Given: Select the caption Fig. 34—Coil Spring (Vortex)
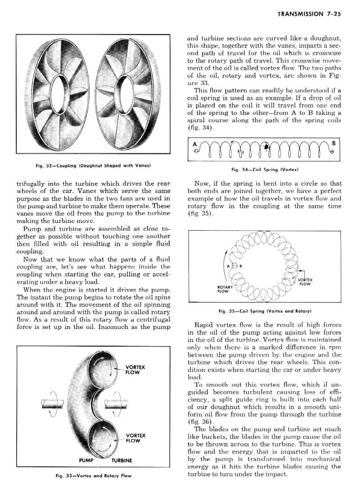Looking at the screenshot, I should pyautogui.click(x=265, y=169).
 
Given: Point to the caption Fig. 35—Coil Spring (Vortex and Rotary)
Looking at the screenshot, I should pyautogui.click(x=265, y=310).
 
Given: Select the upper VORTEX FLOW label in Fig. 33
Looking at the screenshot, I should pyautogui.click(x=135, y=370).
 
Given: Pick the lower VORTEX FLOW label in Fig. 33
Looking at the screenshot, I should pyautogui.click(x=135, y=438).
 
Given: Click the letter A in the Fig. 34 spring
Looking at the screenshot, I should pyautogui.click(x=195, y=145).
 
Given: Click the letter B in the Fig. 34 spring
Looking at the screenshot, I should pyautogui.click(x=333, y=144).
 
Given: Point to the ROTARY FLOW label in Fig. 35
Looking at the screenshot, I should pyautogui.click(x=225, y=288).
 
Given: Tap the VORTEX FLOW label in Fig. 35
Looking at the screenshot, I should pyautogui.click(x=305, y=282).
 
